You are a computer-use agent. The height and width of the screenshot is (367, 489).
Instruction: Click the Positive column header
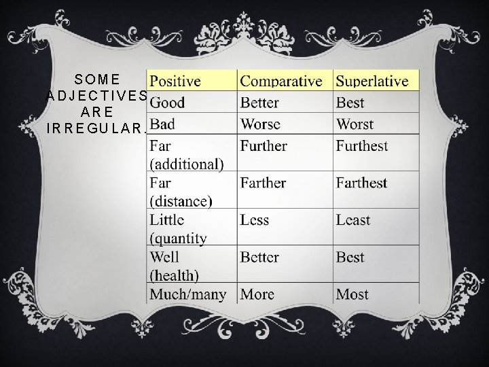[175, 82]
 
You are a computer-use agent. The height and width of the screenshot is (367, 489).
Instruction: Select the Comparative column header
[281, 82]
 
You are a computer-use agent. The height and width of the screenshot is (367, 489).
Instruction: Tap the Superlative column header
[372, 82]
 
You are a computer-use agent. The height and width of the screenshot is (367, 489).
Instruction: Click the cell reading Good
[167, 103]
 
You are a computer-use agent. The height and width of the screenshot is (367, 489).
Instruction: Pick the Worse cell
[259, 124]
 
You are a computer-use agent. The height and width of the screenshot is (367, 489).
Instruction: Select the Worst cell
[355, 124]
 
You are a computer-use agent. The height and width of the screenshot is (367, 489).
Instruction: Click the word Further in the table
[264, 146]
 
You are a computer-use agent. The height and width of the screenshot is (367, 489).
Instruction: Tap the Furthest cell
[362, 146]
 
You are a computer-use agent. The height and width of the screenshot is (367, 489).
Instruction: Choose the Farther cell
[263, 183]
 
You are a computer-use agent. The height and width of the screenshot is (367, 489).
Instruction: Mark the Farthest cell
[361, 183]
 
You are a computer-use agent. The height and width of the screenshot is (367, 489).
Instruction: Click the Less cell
[255, 220]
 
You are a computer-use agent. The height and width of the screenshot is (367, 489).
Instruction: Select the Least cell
[353, 220]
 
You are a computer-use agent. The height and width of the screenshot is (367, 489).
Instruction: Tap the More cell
[257, 294]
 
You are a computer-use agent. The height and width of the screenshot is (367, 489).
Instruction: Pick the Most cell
[352, 294]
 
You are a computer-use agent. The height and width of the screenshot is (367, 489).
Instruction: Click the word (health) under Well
[174, 275]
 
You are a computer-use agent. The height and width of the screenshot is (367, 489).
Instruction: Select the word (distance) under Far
[181, 201]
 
